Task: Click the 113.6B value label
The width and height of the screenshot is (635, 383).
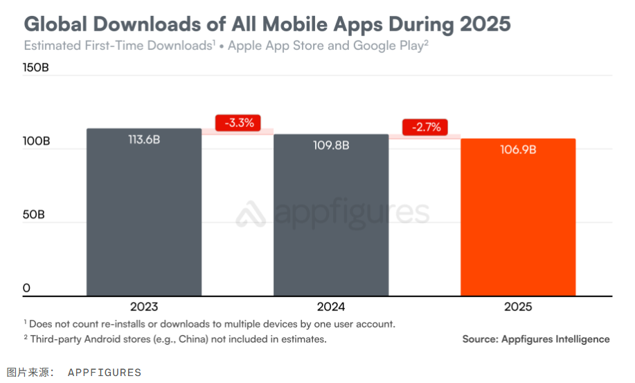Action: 144,139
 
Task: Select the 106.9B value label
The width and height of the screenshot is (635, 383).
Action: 518,149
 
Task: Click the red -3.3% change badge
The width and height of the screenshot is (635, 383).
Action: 238,123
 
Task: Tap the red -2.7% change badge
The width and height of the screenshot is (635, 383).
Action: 425,128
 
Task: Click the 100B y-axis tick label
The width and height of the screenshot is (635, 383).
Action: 37,141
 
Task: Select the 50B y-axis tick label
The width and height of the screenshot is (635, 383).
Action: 34,214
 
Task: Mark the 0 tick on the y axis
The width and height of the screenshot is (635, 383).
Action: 26,288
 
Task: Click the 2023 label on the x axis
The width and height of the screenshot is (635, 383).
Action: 144,307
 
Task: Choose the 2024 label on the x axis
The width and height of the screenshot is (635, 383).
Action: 331,307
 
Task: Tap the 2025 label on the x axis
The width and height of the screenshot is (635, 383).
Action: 518,307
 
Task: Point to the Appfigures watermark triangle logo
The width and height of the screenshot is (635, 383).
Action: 251,214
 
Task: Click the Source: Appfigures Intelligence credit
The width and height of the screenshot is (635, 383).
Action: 536,339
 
